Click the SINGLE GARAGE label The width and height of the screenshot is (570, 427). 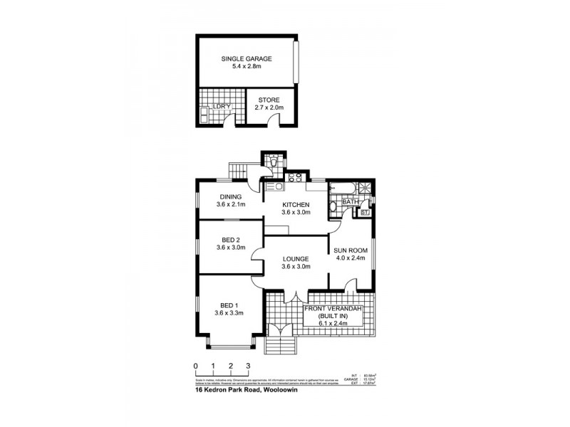pos(246,59)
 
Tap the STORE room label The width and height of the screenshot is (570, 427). pos(269,100)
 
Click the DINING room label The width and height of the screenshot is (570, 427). pos(230,197)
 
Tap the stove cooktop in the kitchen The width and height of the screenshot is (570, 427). pos(295,176)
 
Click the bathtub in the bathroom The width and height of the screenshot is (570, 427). pos(342,189)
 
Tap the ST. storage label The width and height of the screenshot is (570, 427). pos(365,212)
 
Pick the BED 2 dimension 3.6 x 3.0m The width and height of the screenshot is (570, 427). pos(231,248)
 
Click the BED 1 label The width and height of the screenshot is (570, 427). pos(230,303)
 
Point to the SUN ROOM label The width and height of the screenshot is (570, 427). pos(350,251)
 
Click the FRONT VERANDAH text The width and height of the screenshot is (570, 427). pos(333,308)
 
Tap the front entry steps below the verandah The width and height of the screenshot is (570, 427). pos(281,347)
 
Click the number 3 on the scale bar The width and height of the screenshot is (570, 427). pos(248,367)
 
